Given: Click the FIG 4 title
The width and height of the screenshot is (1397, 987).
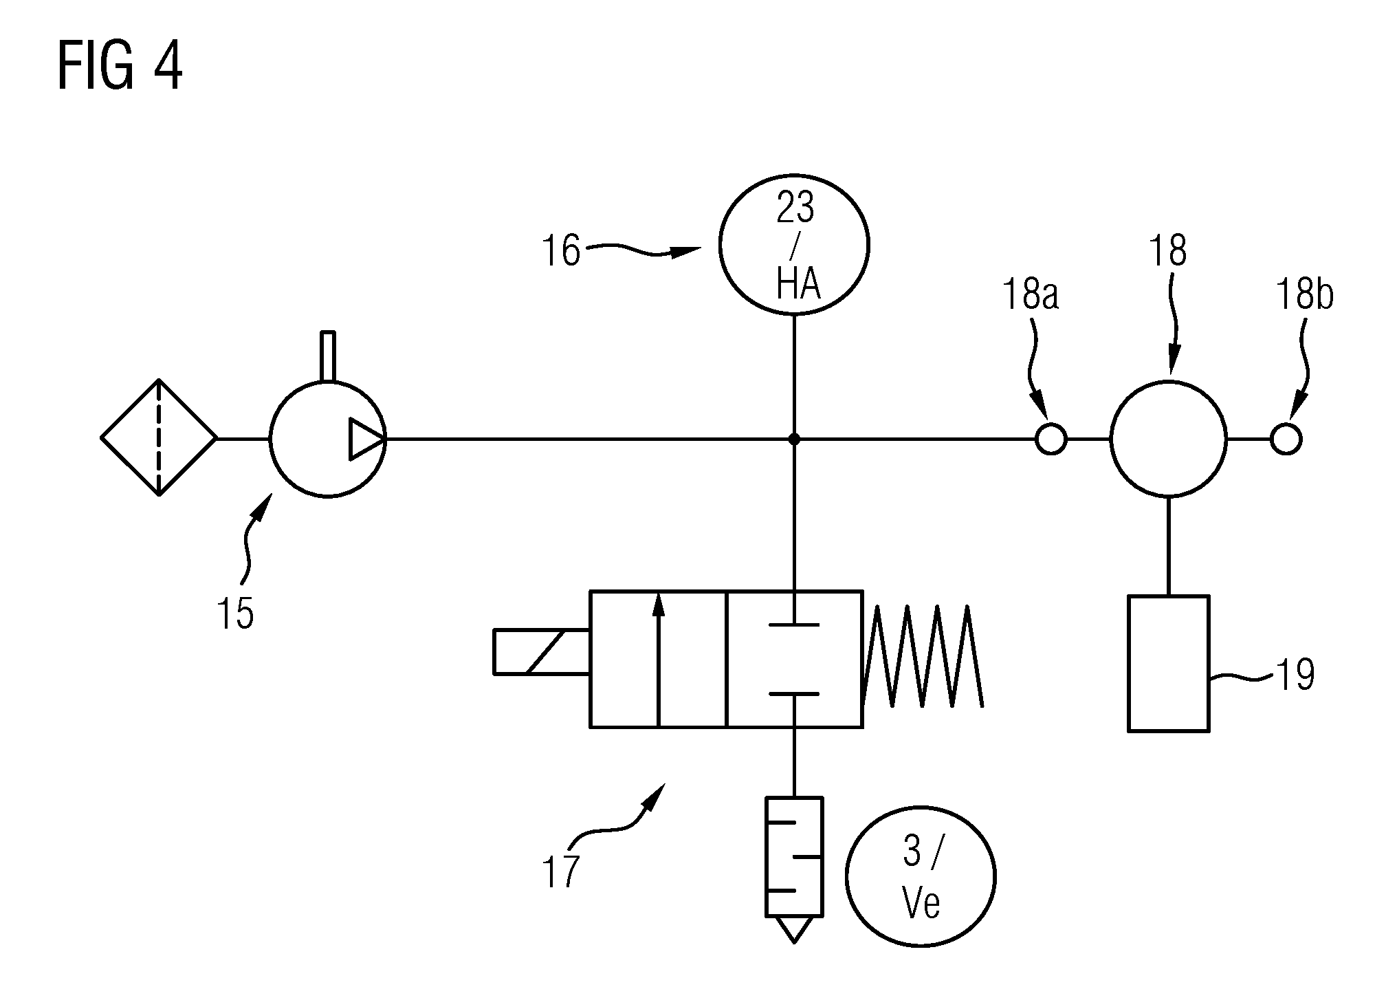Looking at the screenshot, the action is (x=120, y=65).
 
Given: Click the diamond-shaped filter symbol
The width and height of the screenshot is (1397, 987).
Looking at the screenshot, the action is (x=159, y=437).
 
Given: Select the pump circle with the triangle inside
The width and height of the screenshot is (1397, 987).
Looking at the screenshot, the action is (x=328, y=438).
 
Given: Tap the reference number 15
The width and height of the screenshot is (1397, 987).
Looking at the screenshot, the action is (x=236, y=613).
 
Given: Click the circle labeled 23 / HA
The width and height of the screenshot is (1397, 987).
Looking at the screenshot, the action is (x=794, y=244).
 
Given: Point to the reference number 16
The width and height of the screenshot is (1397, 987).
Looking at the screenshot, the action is (x=561, y=251).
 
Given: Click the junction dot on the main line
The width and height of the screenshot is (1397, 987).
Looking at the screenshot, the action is (x=794, y=438).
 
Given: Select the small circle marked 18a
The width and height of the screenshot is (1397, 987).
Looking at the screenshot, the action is (x=1050, y=438).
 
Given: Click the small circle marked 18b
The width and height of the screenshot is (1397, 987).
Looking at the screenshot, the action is (x=1286, y=438).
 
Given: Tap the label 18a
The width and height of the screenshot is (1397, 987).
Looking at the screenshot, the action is (x=1031, y=296).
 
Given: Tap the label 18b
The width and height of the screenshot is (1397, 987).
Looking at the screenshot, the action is (x=1305, y=296).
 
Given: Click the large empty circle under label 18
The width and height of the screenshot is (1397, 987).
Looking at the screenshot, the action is (x=1168, y=438).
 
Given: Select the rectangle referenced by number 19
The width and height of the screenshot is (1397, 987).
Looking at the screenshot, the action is (x=1168, y=663).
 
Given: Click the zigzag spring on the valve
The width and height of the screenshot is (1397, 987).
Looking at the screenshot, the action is (x=923, y=656).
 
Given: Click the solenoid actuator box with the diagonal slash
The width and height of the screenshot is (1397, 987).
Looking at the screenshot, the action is (x=541, y=651).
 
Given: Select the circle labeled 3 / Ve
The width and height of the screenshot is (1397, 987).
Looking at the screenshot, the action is (x=921, y=877).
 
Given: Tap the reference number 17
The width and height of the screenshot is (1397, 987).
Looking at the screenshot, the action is (x=561, y=872).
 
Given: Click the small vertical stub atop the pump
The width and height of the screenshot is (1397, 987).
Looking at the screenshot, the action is (x=328, y=356).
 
